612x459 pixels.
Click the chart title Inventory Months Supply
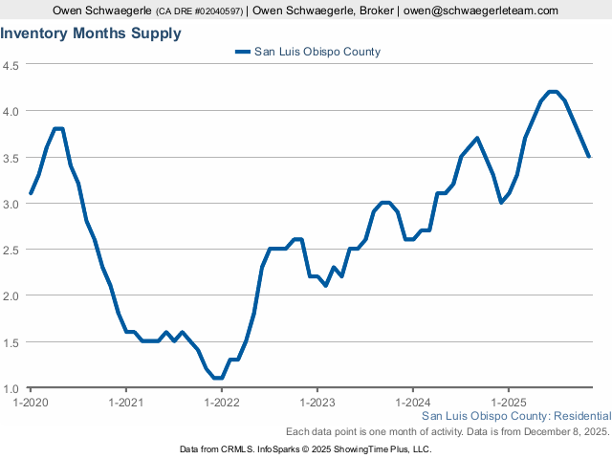coord(91,33)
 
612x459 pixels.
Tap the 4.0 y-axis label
coord(12,111)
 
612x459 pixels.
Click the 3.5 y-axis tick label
coord(12,157)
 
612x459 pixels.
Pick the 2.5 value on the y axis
coord(12,250)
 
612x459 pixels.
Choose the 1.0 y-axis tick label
coord(12,388)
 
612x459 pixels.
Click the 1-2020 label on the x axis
coord(31,402)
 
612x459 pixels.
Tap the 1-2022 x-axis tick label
coord(221,402)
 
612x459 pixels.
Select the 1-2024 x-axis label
coord(412,402)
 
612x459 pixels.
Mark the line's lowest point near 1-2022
coord(218,378)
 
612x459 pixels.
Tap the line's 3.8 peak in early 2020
coord(58,129)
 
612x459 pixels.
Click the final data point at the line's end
coord(589,156)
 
